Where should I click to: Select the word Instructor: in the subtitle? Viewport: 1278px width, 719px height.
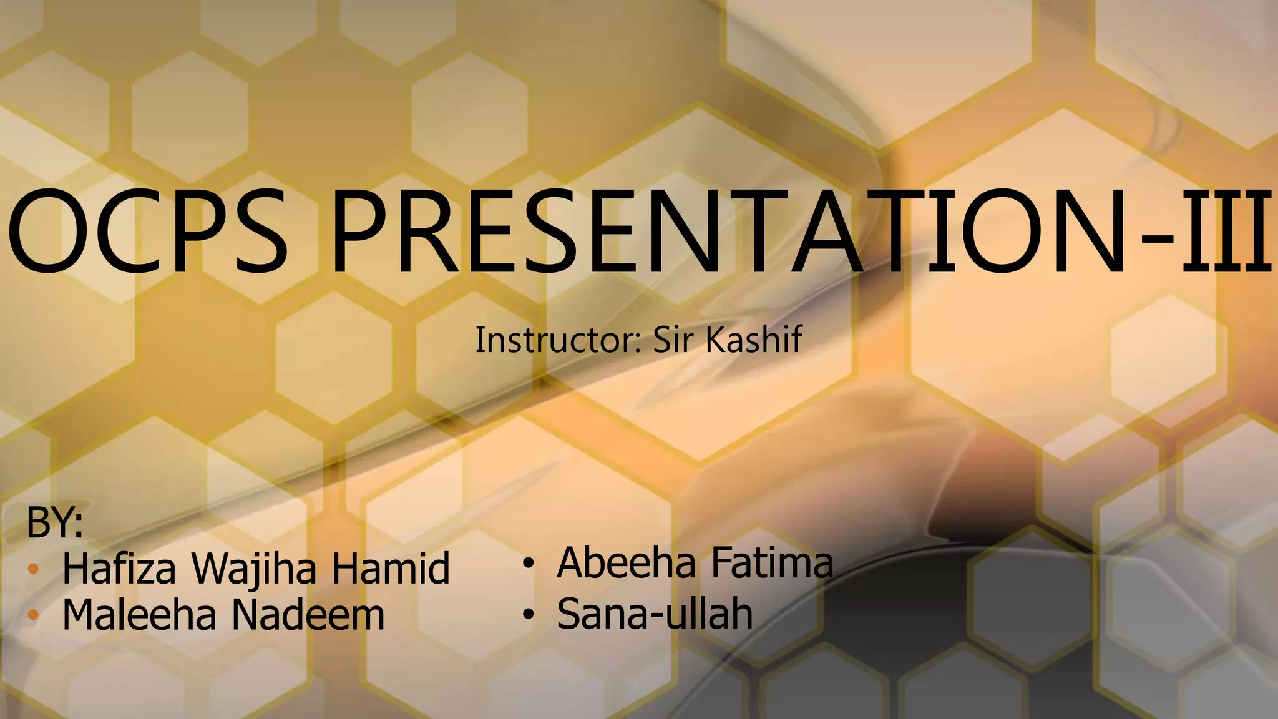pos(559,340)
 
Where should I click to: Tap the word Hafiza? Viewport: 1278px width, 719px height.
pos(119,569)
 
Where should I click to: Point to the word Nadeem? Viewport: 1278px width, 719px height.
pos(308,615)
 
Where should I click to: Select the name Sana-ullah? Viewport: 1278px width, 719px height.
pos(655,614)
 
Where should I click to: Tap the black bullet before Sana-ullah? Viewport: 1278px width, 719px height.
pos(529,615)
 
